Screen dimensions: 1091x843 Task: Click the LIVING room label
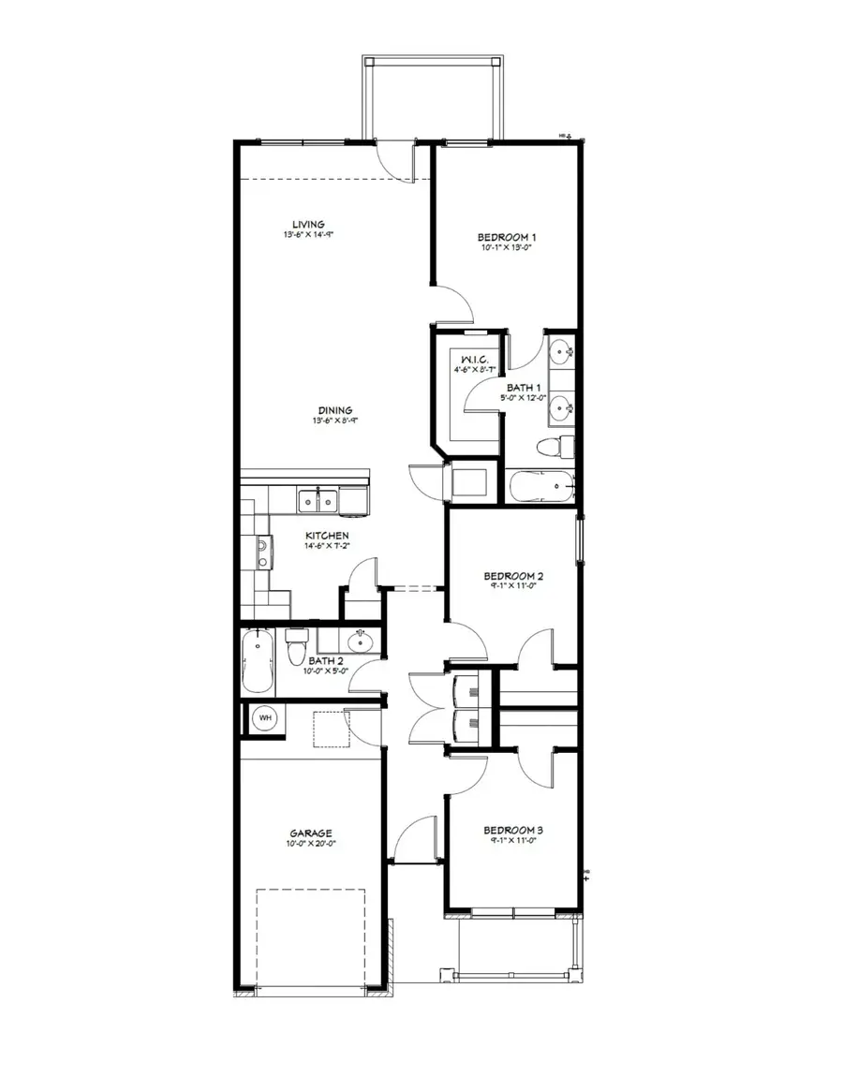(307, 224)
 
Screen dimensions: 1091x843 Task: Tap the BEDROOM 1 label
(508, 238)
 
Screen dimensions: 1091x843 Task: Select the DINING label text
(333, 410)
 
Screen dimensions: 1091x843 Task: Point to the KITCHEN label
(327, 536)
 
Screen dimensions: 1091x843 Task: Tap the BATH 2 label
(327, 660)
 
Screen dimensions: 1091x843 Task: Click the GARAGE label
(311, 833)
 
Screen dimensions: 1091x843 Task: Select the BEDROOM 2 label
(513, 576)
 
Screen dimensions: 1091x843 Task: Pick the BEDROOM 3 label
(513, 830)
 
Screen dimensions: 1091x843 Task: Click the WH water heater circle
(265, 717)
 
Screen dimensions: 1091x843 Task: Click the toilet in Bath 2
(297, 644)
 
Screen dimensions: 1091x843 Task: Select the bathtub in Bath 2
(258, 661)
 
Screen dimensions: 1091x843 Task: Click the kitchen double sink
(318, 502)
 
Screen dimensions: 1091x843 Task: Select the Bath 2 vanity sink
(359, 641)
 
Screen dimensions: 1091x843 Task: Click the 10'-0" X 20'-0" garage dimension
(311, 843)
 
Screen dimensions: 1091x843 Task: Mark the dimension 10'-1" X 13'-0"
(508, 249)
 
